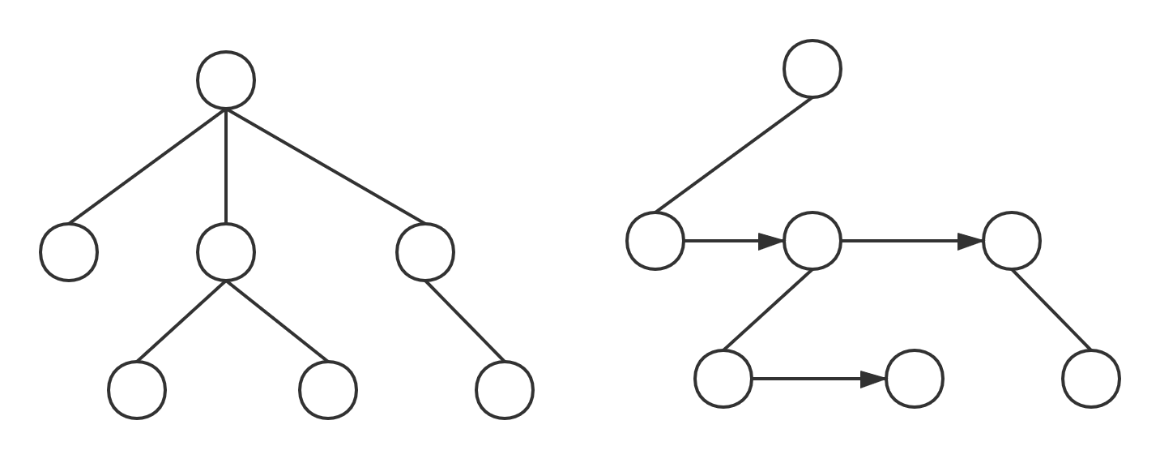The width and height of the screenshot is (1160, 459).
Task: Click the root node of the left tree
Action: [226, 79]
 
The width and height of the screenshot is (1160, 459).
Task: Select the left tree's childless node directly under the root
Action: [69, 251]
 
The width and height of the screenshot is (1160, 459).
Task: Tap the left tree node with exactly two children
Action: [226, 251]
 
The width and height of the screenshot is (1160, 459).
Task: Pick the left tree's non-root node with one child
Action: [425, 251]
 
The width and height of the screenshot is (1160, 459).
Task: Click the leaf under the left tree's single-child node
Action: [505, 389]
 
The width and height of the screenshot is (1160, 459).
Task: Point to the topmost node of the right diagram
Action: [812, 69]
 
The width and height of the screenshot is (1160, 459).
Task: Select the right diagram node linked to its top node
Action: [655, 241]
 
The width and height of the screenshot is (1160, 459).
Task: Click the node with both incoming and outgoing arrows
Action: [812, 241]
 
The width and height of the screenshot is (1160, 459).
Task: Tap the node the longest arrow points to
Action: [1010, 241]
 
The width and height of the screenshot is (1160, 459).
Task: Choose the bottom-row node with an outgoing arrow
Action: [723, 379]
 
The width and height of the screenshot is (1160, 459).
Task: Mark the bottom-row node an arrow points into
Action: [915, 379]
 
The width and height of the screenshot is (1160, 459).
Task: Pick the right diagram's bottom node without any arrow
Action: [1090, 379]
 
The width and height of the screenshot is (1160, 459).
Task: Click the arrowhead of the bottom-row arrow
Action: [873, 379]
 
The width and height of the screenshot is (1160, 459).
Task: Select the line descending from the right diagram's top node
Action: [733, 155]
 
